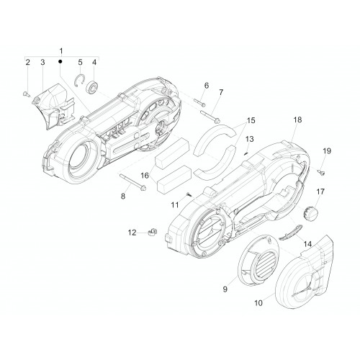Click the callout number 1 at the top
pos(61,51)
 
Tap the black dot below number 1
pos(60,62)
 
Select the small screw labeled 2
pos(27,94)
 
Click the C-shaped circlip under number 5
pos(79,81)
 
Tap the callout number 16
pos(145,176)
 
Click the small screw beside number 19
pos(321,172)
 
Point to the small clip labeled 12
pos(151,233)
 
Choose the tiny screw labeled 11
pos(189,194)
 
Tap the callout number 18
pos(297,120)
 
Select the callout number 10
pos(258,303)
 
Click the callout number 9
pos(225,289)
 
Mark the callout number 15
pos(251,120)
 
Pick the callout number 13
pos(250,139)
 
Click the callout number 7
pos(221,92)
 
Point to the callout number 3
pos(42,62)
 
